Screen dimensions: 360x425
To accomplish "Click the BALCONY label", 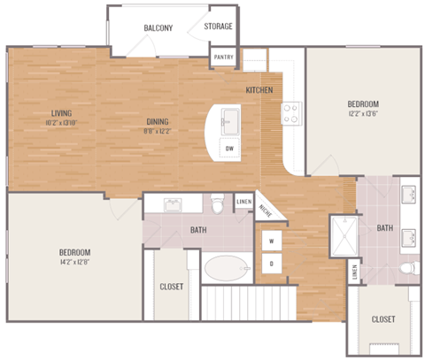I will [158, 27].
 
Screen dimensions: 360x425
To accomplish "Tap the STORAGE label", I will [219, 27].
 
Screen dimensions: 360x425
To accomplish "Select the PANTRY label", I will [222, 59].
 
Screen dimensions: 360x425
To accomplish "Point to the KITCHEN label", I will [259, 90].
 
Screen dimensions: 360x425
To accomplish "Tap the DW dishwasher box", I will [230, 148].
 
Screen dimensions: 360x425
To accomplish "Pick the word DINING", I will [158, 122].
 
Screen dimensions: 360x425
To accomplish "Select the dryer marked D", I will [271, 263].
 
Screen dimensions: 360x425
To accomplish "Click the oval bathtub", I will [227, 268].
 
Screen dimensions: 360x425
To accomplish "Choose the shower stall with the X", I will [340, 232].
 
